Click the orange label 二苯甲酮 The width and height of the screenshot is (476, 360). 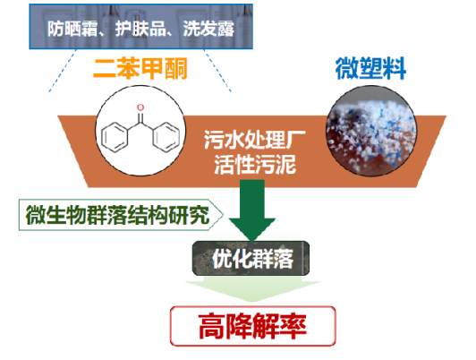click(140, 68)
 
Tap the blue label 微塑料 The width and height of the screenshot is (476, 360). click(370, 68)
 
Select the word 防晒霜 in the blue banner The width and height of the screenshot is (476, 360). click(72, 29)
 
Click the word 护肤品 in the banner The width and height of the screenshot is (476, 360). click(140, 29)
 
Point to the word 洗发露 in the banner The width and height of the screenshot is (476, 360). click(208, 29)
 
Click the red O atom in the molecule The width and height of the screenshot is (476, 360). click(140, 107)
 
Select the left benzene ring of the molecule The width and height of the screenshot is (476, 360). click(115, 137)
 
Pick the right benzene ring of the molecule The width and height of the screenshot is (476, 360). click(166, 137)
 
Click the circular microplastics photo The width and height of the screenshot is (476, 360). click(371, 132)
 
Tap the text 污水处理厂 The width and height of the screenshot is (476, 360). click(254, 140)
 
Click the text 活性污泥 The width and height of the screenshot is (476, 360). click(254, 165)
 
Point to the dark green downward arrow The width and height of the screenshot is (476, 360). click(252, 210)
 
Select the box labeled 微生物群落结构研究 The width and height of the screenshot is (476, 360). click(121, 215)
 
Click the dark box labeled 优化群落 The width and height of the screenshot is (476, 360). click(251, 259)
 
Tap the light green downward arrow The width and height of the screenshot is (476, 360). click(252, 288)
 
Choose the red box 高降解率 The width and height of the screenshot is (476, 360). click(253, 326)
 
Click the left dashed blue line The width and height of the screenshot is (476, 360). click(62, 71)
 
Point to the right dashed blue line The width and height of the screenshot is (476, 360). click(217, 71)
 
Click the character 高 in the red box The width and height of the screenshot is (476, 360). click(211, 326)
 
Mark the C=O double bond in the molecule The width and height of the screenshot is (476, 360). click(140, 118)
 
